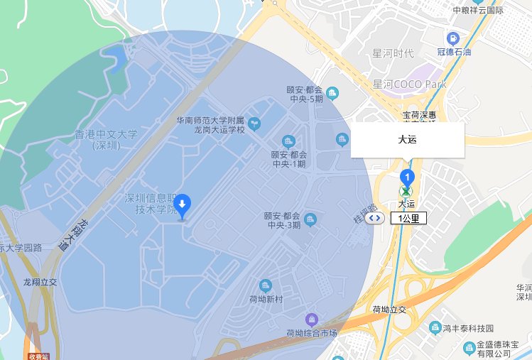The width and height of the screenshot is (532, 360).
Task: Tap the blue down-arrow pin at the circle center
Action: [183, 206]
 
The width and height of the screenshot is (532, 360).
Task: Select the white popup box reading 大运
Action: [408, 140]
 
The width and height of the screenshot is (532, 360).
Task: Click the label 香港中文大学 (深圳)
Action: [106, 139]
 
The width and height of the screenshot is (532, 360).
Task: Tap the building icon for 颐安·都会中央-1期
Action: [288, 140]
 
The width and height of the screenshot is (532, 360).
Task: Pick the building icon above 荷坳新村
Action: [266, 285]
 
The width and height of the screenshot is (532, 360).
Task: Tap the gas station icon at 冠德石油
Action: [452, 38]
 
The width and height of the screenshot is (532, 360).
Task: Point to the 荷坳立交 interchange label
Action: [389, 310]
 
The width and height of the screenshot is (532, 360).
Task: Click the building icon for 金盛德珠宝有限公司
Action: [469, 348]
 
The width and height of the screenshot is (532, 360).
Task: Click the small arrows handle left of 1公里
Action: [376, 218]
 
